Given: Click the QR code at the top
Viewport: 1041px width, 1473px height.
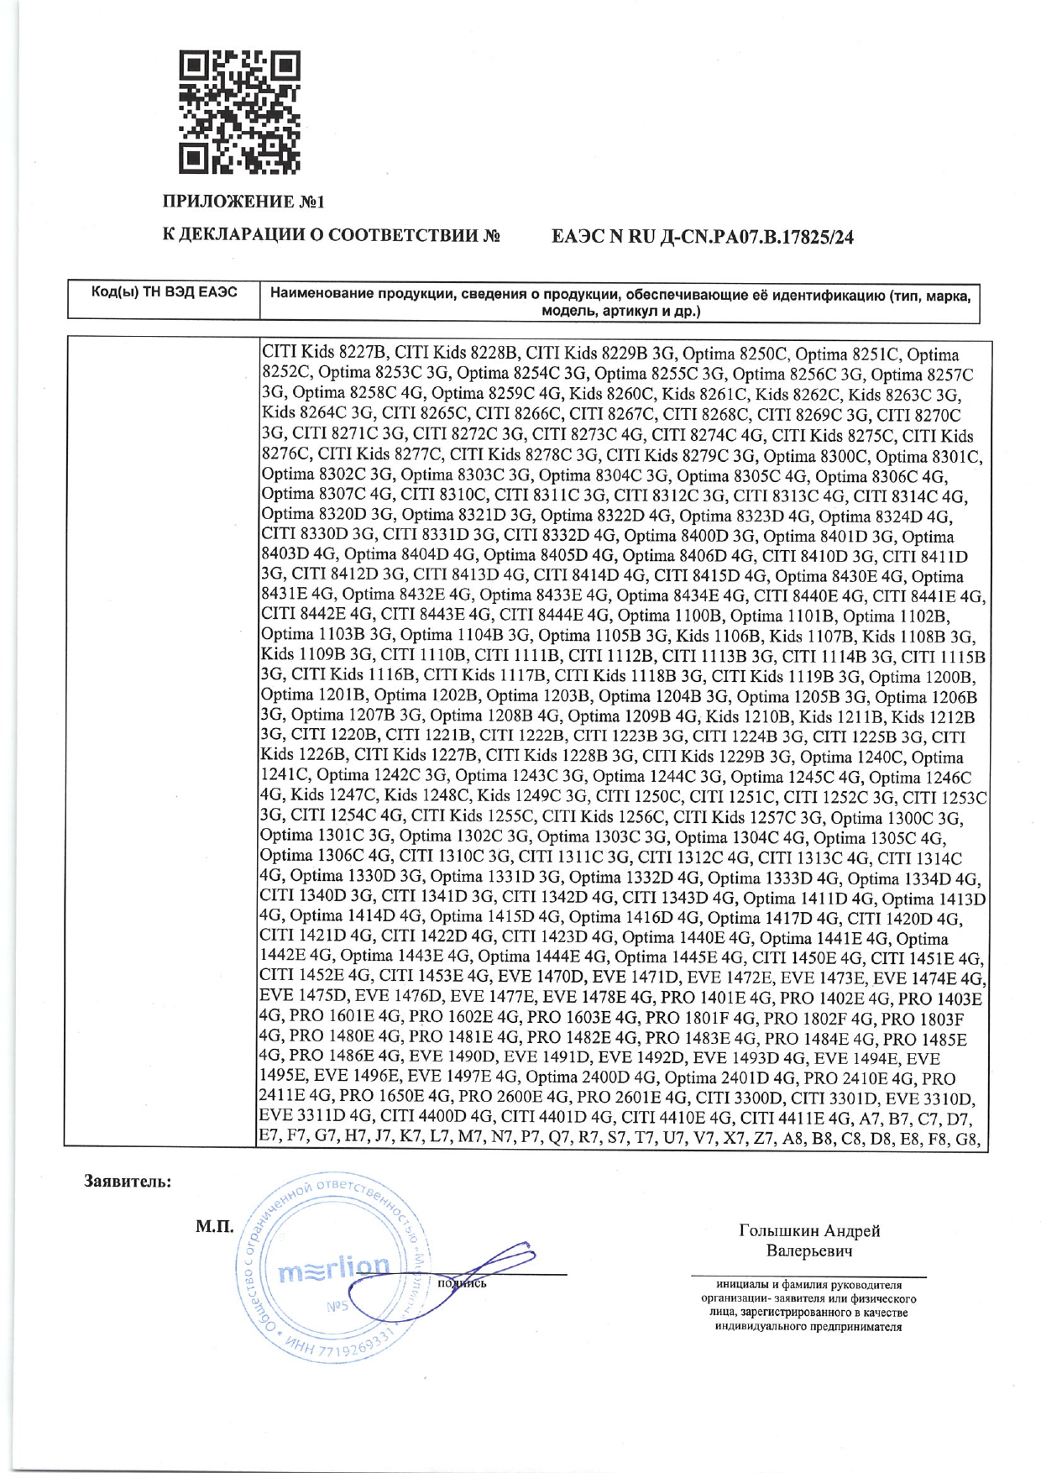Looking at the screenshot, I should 239,113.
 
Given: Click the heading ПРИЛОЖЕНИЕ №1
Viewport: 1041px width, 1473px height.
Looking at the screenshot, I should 243,202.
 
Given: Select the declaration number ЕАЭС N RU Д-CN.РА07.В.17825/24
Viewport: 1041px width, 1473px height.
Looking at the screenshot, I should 703,238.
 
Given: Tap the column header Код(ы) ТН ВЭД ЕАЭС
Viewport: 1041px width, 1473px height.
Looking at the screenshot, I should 164,292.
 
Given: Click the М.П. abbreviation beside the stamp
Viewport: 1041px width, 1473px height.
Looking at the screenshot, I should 215,1227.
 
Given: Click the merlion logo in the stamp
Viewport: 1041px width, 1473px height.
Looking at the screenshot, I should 335,1271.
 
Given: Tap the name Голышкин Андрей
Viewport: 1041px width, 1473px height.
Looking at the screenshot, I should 809,1231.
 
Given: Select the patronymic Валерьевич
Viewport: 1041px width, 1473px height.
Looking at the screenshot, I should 809,1251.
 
